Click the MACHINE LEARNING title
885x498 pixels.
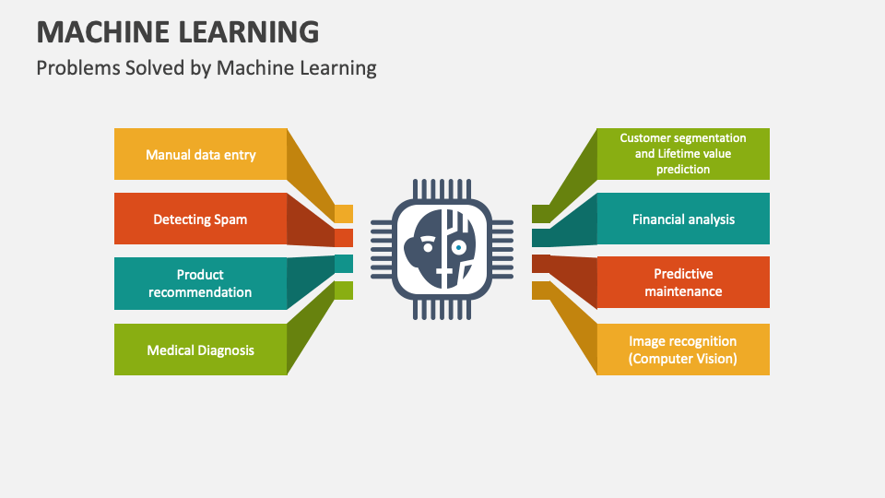click(x=178, y=31)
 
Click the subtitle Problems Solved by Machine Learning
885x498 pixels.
click(x=206, y=67)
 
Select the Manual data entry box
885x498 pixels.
click(x=200, y=154)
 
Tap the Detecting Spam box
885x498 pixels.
click(x=200, y=219)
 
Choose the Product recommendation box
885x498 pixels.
click(x=200, y=283)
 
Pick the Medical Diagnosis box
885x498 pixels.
click(x=200, y=350)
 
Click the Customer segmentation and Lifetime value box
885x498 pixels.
click(x=683, y=154)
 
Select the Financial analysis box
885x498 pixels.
click(x=683, y=219)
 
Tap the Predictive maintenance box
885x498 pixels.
click(x=683, y=282)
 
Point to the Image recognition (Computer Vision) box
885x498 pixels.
click(x=683, y=350)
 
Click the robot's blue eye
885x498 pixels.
click(x=459, y=247)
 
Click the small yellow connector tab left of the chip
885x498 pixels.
click(x=344, y=214)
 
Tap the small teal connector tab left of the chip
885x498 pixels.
click(x=344, y=264)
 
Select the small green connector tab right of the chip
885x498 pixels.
click(x=541, y=214)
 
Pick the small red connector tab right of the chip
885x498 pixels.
click(x=541, y=264)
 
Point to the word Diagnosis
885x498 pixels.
click(x=227, y=350)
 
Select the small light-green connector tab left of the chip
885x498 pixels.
click(x=344, y=290)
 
